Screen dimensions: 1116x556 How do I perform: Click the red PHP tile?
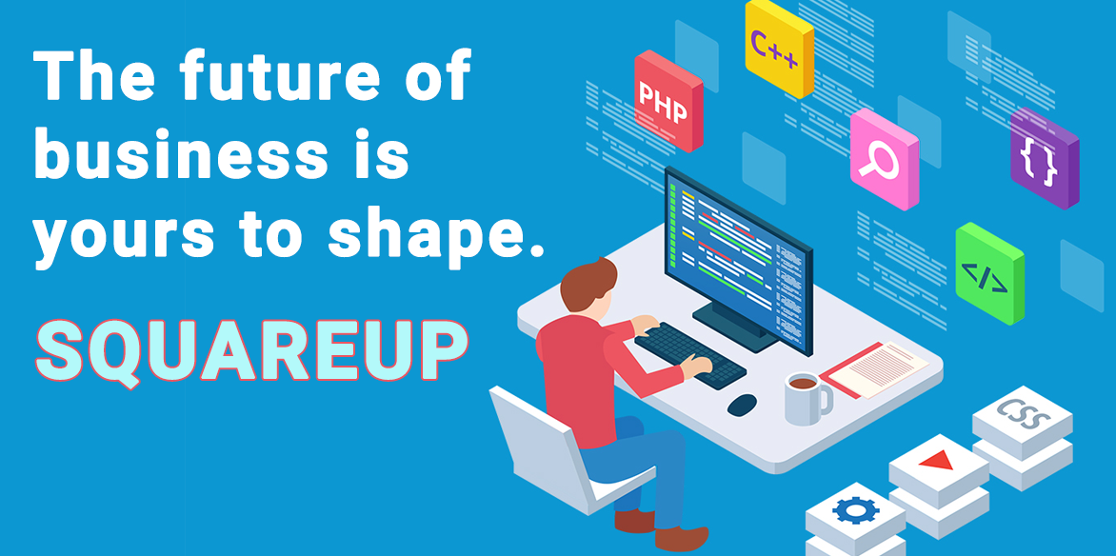668,100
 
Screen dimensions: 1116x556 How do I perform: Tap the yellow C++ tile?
779,49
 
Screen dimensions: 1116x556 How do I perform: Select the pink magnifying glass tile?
885,159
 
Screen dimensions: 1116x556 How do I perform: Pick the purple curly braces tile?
1045,159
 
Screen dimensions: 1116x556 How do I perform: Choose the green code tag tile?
990,273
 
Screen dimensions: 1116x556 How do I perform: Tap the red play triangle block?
939,472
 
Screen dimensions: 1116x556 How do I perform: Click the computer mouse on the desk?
742,405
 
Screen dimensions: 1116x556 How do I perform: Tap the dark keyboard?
689,354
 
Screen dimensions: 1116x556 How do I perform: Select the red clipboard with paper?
874,368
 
